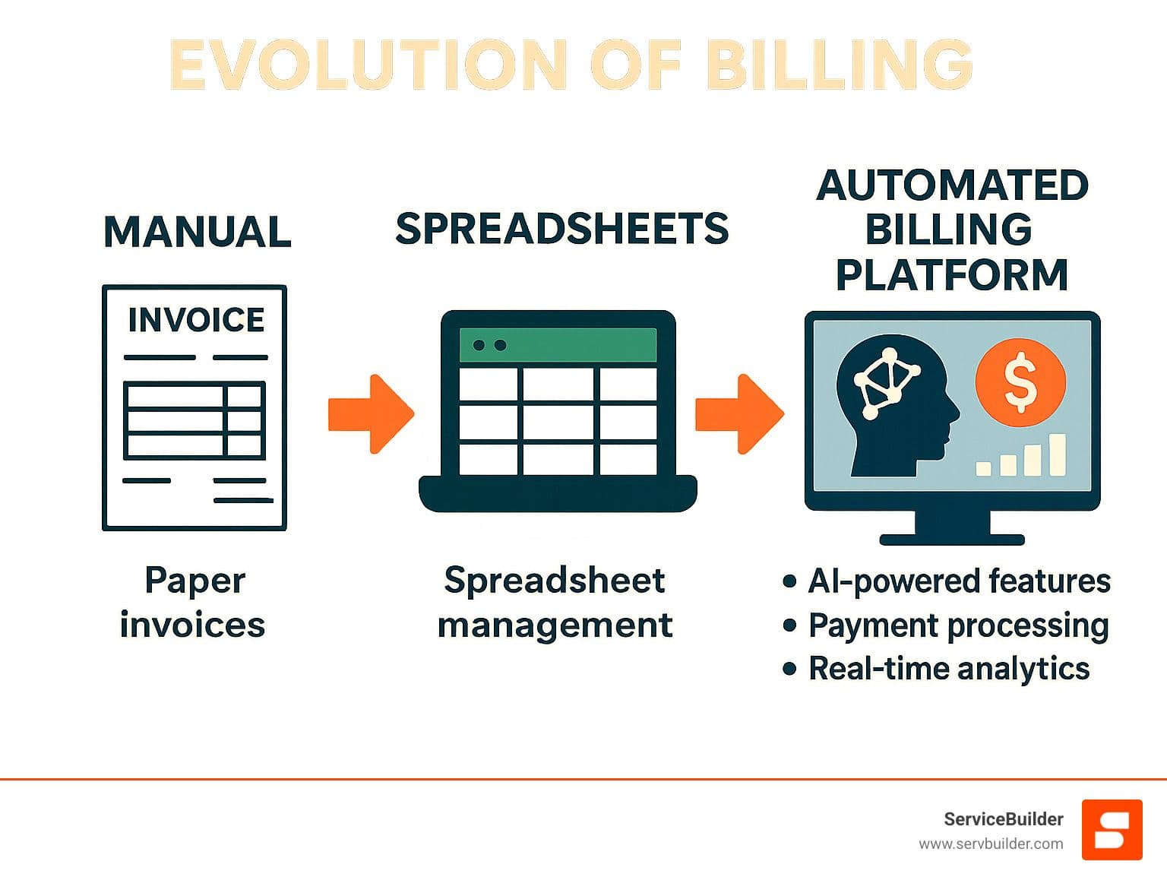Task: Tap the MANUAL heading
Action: pyautogui.click(x=198, y=232)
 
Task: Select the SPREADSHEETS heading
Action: pyautogui.click(x=562, y=228)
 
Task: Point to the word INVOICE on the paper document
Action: pyautogui.click(x=196, y=320)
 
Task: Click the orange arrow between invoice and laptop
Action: pyautogui.click(x=371, y=413)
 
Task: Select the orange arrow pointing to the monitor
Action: pyautogui.click(x=739, y=413)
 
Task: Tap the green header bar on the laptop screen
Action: pyautogui.click(x=558, y=345)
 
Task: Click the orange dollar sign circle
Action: pyautogui.click(x=1020, y=382)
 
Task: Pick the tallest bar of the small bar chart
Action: pyautogui.click(x=1058, y=454)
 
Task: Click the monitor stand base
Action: pyautogui.click(x=952, y=540)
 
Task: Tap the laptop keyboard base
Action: pyautogui.click(x=558, y=493)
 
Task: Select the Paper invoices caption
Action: pyautogui.click(x=194, y=602)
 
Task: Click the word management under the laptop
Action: pyautogui.click(x=555, y=625)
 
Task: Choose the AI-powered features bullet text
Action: pyautogui.click(x=959, y=581)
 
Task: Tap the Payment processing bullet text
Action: pyautogui.click(x=959, y=625)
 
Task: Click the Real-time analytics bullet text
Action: pyautogui.click(x=949, y=669)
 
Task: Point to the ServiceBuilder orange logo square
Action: pyautogui.click(x=1112, y=829)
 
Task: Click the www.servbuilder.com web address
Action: pyautogui.click(x=991, y=844)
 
